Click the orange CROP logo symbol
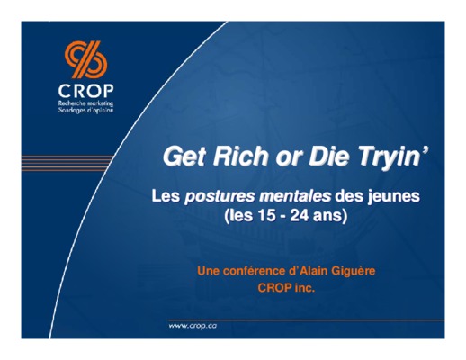[86, 59]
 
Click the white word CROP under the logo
[86, 91]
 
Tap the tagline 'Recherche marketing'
[86, 103]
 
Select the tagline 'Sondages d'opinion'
[86, 110]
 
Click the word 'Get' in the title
[184, 157]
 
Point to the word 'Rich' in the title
[240, 156]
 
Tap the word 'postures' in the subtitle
[219, 197]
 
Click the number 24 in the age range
[300, 215]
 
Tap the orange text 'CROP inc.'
[286, 288]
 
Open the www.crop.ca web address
[193, 326]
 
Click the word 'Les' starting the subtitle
[166, 196]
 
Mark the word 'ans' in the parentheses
[327, 216]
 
